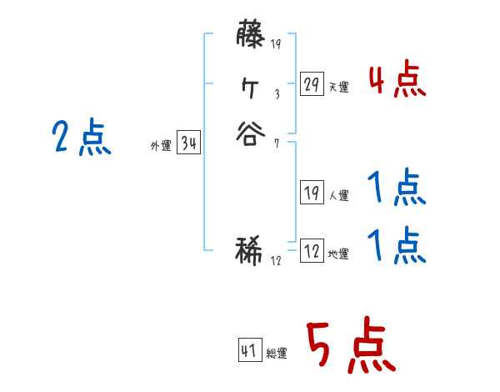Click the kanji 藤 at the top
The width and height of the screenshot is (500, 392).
pyautogui.click(x=251, y=38)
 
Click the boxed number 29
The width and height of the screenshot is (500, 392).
pyautogui.click(x=311, y=84)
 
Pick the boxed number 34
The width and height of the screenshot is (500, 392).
pyautogui.click(x=188, y=143)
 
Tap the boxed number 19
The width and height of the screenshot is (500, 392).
pyautogui.click(x=311, y=193)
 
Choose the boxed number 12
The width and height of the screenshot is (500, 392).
pyautogui.click(x=311, y=251)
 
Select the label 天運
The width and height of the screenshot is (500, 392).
pyautogui.click(x=339, y=87)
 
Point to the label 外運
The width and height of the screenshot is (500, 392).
pyautogui.click(x=161, y=146)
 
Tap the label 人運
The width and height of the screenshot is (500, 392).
pyautogui.click(x=339, y=195)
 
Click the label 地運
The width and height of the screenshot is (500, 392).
pyautogui.click(x=339, y=254)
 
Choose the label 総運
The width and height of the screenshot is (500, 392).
pyautogui.click(x=277, y=353)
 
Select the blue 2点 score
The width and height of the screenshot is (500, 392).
pyautogui.click(x=81, y=138)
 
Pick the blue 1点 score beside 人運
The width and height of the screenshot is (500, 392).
pyautogui.click(x=397, y=189)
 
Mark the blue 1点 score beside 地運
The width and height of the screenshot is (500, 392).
pyautogui.click(x=397, y=245)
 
